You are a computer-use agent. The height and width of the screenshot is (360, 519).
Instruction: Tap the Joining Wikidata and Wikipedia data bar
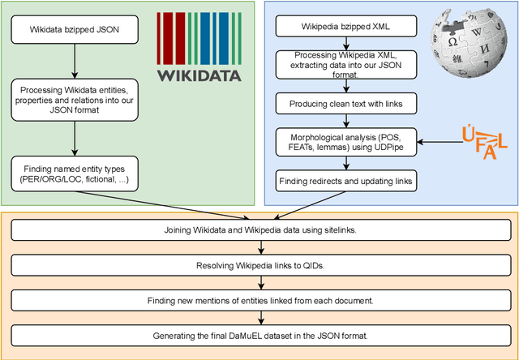[259, 230]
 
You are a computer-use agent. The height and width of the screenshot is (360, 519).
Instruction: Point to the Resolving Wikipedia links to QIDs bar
[259, 265]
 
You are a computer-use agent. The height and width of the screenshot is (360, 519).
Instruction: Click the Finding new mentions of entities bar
[259, 301]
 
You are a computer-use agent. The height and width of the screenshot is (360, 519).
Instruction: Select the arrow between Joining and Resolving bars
[259, 248]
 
